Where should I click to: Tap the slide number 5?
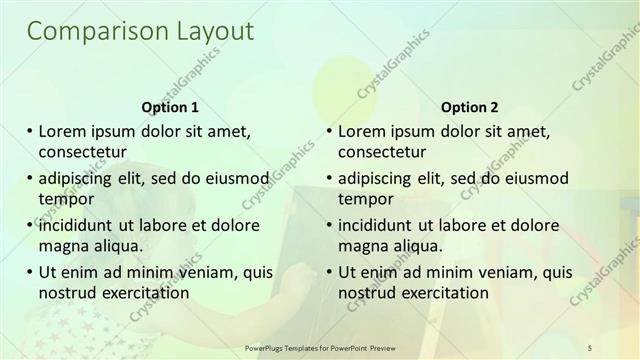coord(591,347)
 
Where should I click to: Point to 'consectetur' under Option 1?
coord(81,152)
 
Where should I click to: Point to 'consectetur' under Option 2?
coord(381,152)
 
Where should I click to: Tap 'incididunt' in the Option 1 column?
coord(78,225)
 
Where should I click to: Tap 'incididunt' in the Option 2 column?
coord(378,225)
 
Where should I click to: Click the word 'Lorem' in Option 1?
coord(62,131)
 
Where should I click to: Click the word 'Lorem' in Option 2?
coord(362,131)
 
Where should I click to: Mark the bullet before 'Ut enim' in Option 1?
coord(30,272)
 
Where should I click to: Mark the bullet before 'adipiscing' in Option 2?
coord(330,178)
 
